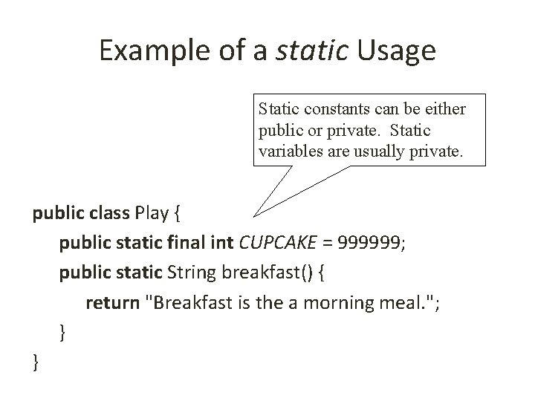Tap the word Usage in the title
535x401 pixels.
tap(396, 50)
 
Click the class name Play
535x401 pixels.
tap(152, 215)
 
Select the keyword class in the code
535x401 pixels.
tap(108, 215)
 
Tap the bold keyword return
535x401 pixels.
tap(111, 303)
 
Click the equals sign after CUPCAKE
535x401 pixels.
tap(328, 244)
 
